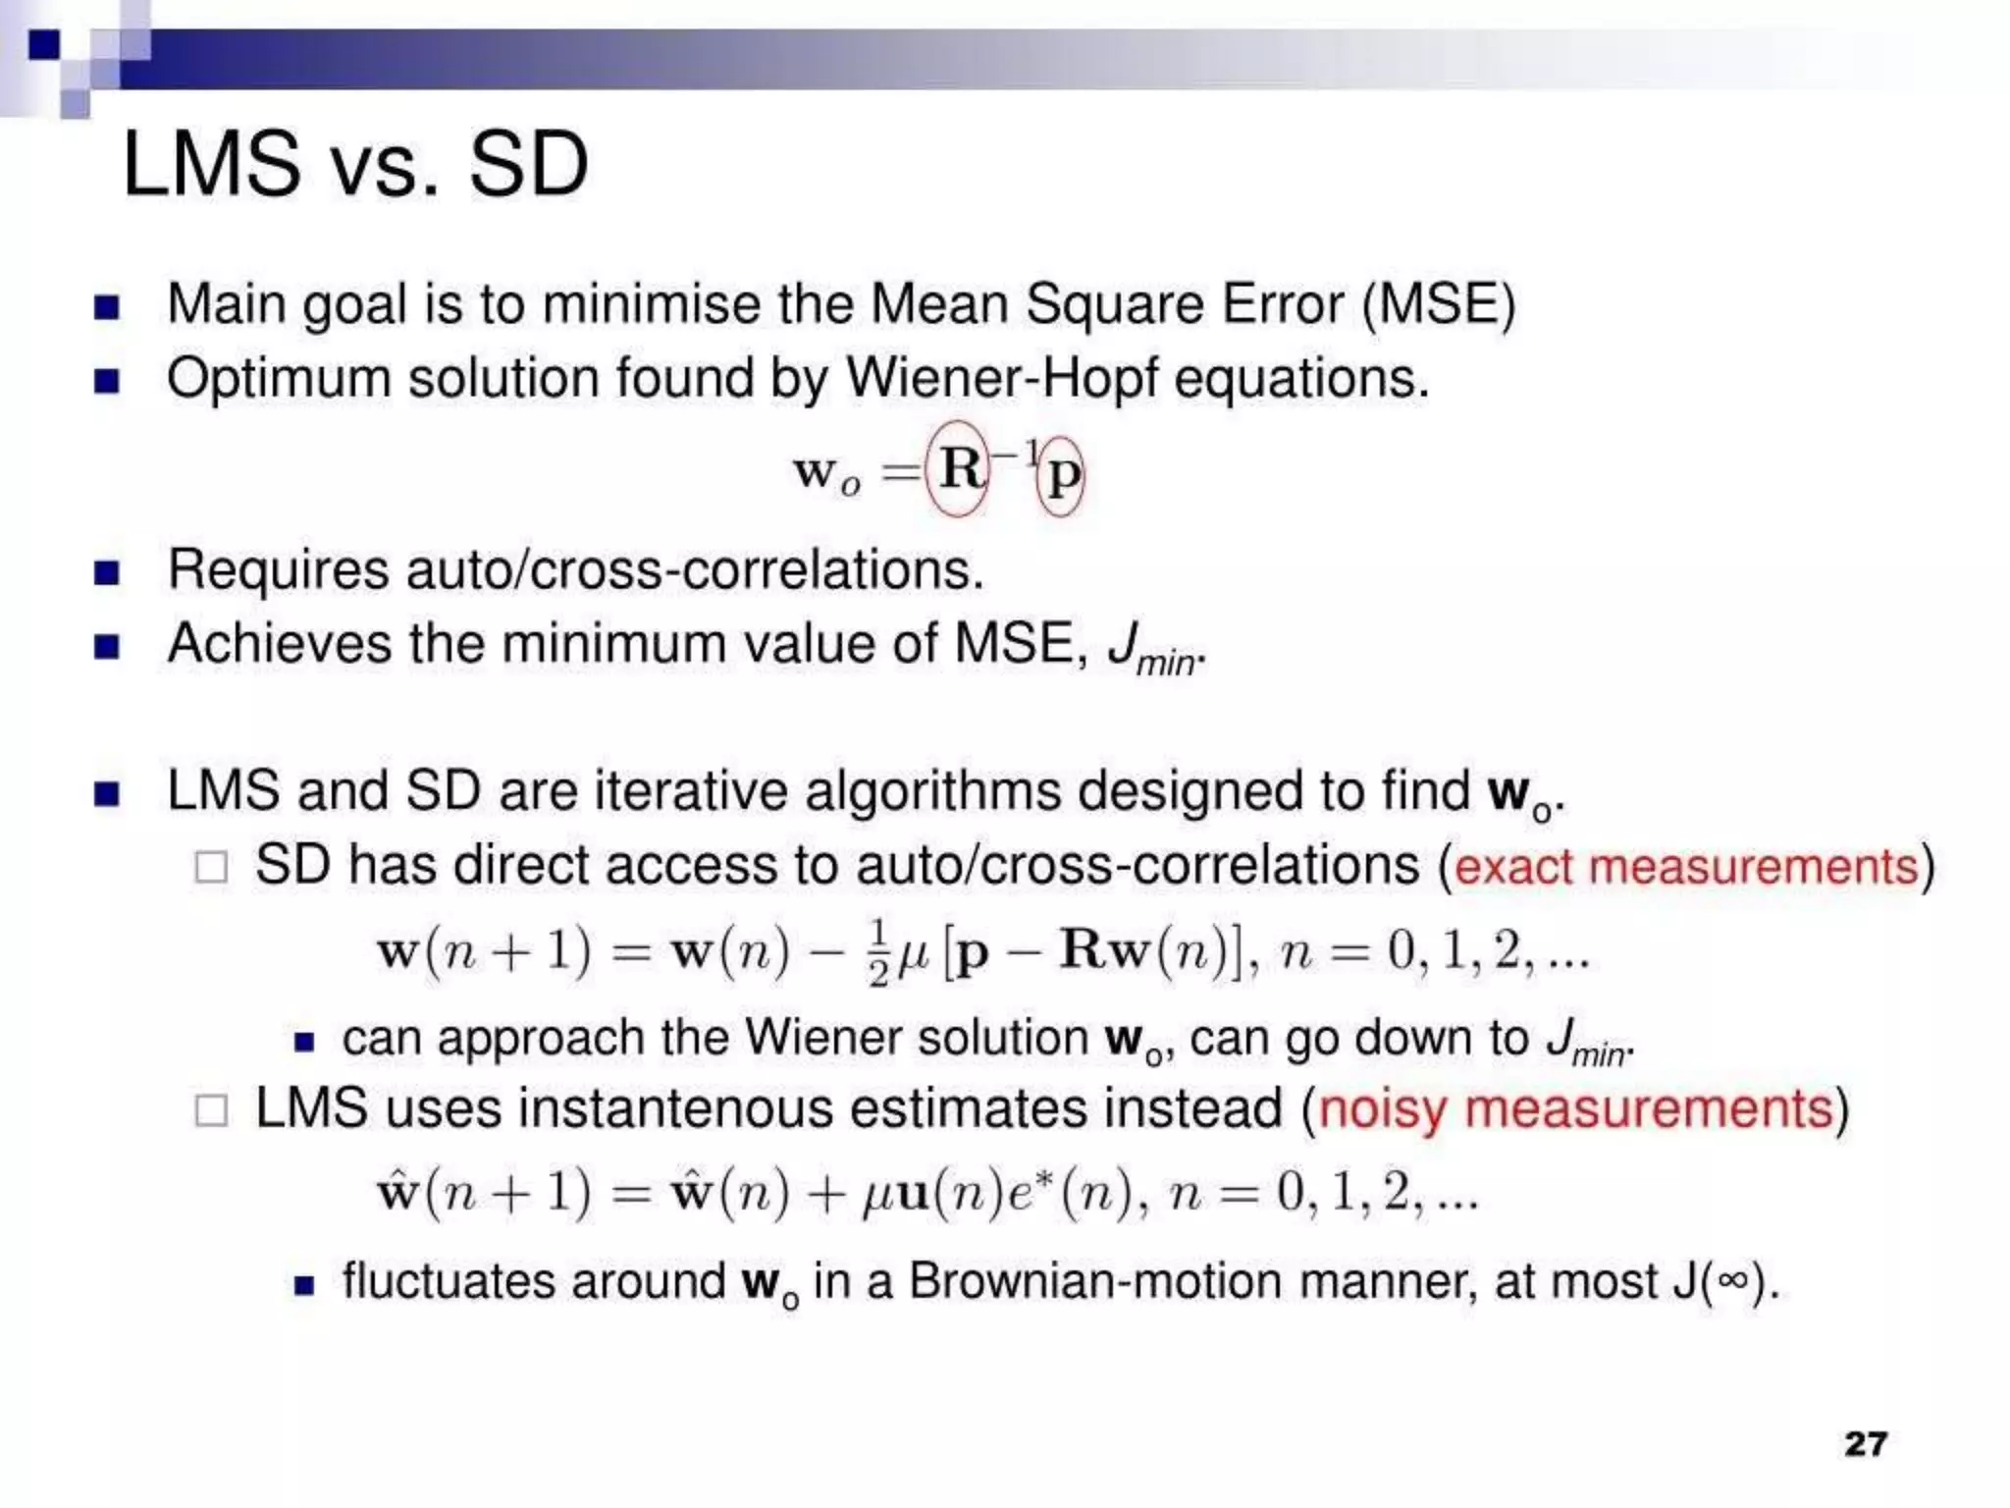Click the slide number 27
click(1866, 1443)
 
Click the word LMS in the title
click(211, 165)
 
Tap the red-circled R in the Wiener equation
click(959, 468)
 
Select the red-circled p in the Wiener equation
click(1062, 476)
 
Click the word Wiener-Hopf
click(1001, 378)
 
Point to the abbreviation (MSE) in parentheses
click(1438, 304)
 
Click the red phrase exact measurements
click(1686, 867)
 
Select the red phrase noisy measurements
click(1575, 1109)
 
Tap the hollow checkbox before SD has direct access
click(211, 867)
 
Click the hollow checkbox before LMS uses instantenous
click(211, 1110)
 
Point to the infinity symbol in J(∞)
click(1735, 1282)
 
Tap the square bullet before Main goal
click(106, 307)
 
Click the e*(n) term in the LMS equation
click(1080, 1194)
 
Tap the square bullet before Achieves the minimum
click(106, 647)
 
